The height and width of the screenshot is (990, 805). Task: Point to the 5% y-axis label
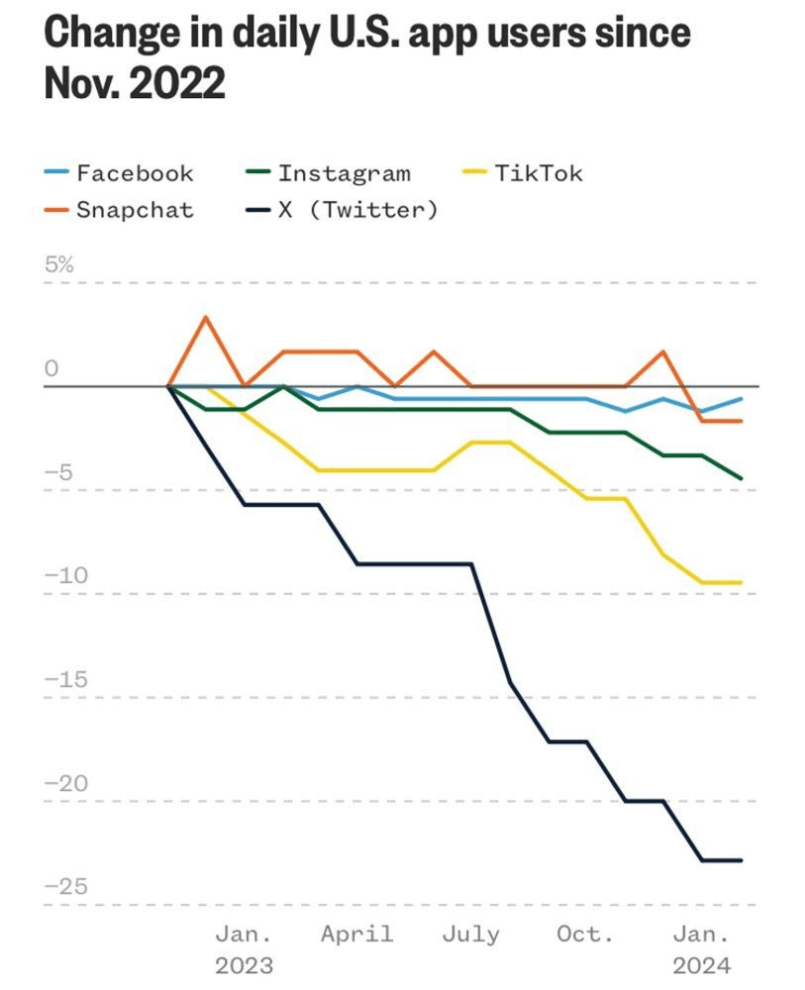point(58,264)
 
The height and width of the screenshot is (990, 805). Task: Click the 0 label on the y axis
point(51,369)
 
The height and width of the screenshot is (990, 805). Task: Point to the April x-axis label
point(356,934)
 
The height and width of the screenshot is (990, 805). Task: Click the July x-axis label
point(471,934)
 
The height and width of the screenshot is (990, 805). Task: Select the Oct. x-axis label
point(584,934)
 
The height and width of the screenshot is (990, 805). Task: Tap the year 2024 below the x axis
point(701,965)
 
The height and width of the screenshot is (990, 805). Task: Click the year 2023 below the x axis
point(244,965)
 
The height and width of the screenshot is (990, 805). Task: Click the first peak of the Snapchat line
point(206,318)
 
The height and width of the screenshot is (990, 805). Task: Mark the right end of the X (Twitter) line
point(741,860)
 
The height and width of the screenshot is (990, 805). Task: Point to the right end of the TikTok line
point(741,582)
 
